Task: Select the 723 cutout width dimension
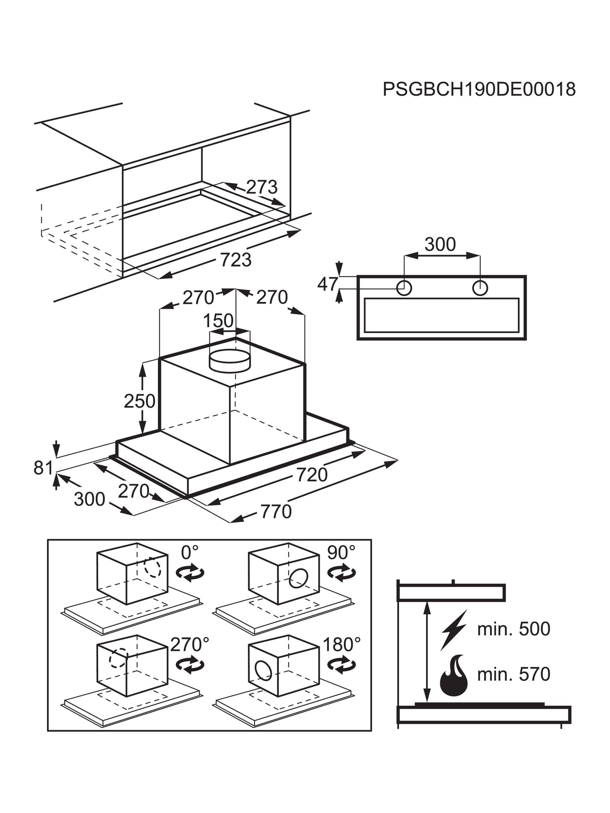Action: click(236, 260)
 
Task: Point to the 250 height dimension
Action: click(139, 401)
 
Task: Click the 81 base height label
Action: click(43, 468)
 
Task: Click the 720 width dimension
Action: click(312, 475)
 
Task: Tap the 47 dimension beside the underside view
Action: click(327, 284)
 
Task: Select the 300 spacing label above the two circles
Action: click(440, 244)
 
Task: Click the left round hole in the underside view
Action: click(404, 288)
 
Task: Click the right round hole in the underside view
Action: click(480, 288)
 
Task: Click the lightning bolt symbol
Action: click(453, 630)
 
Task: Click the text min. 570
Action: click(513, 674)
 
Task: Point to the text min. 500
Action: click(513, 629)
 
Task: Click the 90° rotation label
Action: click(341, 552)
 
